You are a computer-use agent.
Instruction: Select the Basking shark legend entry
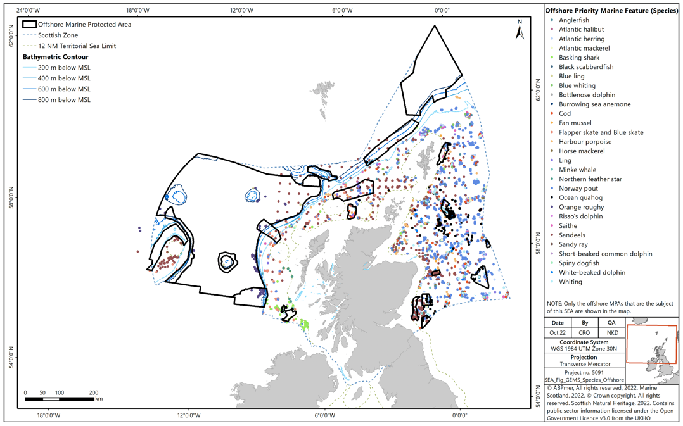(x=578, y=58)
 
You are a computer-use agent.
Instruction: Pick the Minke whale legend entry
(x=577, y=170)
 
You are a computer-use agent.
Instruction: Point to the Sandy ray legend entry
(x=573, y=244)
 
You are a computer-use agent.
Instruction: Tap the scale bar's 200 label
(x=94, y=392)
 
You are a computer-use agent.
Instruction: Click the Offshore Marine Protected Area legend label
(x=84, y=25)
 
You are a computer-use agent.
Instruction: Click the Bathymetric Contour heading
(x=56, y=57)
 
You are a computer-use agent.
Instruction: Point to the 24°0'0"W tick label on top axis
(x=29, y=11)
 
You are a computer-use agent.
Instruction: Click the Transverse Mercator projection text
(x=585, y=364)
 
